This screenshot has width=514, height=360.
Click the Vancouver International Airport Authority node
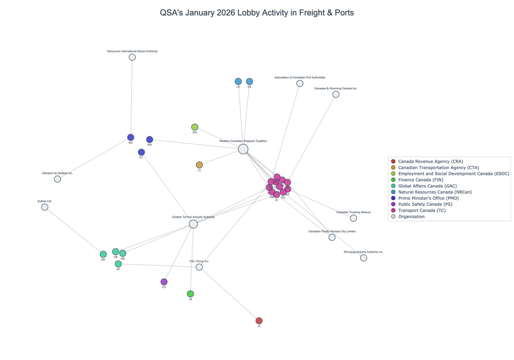[132, 57]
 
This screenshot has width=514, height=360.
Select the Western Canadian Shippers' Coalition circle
[243, 149]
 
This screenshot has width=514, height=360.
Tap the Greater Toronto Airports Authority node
[193, 224]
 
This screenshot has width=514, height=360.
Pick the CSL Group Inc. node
[199, 267]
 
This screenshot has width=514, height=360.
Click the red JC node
[259, 321]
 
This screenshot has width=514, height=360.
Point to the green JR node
[190, 294]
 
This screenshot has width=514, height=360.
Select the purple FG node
[164, 282]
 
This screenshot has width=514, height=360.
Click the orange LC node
[199, 165]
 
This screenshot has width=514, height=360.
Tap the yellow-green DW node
[194, 127]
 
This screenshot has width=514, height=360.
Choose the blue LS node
[238, 81]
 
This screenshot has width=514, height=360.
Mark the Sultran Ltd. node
[45, 207]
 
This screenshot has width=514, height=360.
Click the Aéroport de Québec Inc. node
[57, 179]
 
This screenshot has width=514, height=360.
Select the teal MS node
[103, 254]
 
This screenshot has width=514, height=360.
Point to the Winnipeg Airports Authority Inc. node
[363, 258]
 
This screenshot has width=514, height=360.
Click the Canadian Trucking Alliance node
[353, 218]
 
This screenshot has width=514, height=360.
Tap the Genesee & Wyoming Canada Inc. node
[336, 94]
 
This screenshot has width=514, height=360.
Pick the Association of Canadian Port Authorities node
[300, 84]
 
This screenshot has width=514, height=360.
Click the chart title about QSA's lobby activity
[257, 13]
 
